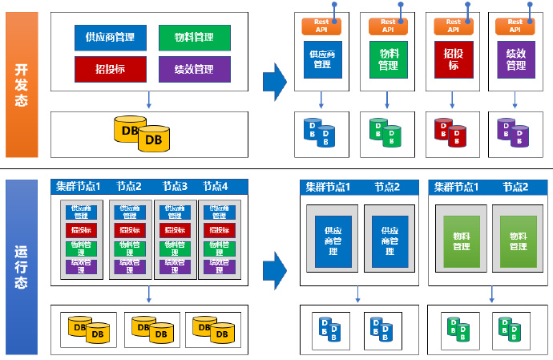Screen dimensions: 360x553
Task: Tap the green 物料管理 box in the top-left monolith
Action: pyautogui.click(x=195, y=38)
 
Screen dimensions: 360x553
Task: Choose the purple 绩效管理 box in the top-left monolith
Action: pyautogui.click(x=195, y=69)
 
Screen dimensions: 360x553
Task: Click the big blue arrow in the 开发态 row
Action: pyautogui.click(x=274, y=83)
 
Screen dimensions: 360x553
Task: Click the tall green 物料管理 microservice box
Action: pyautogui.click(x=388, y=59)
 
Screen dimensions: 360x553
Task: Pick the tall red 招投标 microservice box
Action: pyautogui.click(x=453, y=59)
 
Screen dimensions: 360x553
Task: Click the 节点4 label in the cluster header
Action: pyautogui.click(x=215, y=187)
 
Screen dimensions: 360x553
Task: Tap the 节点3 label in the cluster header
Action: pyautogui.click(x=174, y=187)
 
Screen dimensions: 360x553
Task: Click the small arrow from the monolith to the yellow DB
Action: pyautogui.click(x=149, y=100)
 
